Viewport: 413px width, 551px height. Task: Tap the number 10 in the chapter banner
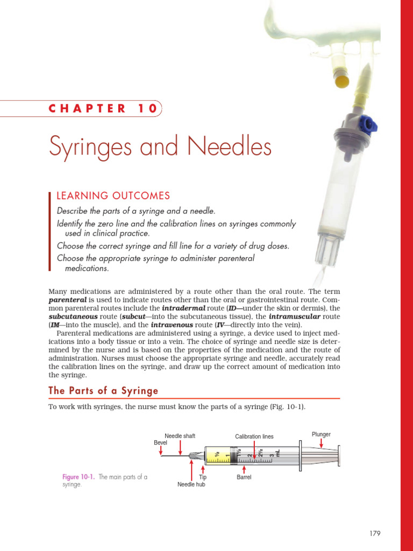[146, 108]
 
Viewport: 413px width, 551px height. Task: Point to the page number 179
[375, 533]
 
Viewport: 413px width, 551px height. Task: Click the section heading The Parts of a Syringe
[103, 390]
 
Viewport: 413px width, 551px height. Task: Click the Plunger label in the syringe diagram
[321, 434]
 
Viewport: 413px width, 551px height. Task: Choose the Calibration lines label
[254, 436]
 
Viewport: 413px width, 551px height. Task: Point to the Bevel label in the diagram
[161, 443]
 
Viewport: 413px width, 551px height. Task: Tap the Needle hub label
[191, 484]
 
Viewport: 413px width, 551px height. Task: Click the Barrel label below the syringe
[244, 477]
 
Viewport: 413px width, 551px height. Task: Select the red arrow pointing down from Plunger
[322, 443]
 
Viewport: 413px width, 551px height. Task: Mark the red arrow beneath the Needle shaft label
[180, 447]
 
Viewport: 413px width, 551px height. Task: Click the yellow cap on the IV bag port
[341, 82]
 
